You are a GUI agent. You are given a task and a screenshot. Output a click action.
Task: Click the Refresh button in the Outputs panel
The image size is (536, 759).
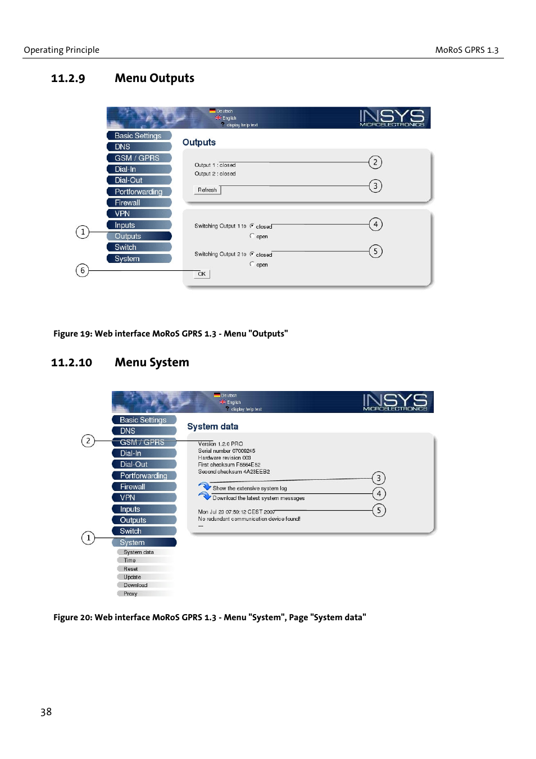coord(207,190)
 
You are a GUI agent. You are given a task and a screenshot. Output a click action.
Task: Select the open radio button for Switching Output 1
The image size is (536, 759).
coord(252,236)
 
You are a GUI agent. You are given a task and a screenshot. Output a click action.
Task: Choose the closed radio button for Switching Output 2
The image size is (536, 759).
coord(252,254)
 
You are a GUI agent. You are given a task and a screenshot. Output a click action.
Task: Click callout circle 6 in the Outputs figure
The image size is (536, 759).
coord(83,271)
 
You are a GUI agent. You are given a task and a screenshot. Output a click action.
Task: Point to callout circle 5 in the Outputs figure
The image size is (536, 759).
coord(375,251)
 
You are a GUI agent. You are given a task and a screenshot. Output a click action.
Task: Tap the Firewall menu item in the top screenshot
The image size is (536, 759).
coord(139,203)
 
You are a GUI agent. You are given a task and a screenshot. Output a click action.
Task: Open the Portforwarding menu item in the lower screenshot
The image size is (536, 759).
coord(144,476)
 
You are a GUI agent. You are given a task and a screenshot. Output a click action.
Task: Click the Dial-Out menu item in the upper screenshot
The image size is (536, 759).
coord(139,180)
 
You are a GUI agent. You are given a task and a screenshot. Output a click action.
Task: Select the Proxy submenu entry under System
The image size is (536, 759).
coord(130,594)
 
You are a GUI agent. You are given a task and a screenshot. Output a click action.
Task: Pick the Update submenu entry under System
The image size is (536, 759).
coord(133,577)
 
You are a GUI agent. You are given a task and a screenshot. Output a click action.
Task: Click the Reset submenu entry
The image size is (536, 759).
coord(130,569)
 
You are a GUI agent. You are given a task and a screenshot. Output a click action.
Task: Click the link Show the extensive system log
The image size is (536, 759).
coord(249,489)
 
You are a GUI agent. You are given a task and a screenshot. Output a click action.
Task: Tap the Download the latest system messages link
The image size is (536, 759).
coord(258,498)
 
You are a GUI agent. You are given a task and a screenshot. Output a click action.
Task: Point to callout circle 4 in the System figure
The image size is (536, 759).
coord(379,494)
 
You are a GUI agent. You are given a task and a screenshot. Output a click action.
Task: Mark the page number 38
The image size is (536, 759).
coord(46,712)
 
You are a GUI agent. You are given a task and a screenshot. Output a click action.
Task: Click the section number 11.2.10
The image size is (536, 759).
coord(71,363)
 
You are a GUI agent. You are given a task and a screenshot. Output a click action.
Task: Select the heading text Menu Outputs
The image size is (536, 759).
coord(155,78)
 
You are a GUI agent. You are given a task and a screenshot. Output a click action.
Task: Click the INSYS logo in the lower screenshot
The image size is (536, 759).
coord(395,401)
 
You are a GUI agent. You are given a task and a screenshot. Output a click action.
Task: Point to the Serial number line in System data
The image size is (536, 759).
coord(226,451)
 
